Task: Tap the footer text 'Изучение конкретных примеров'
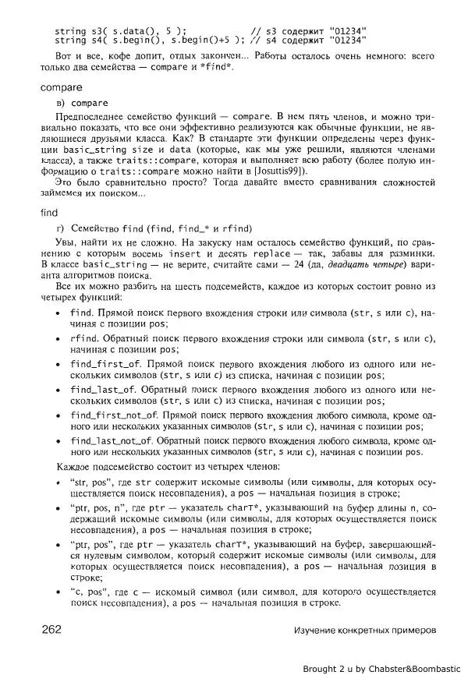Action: tap(365, 630)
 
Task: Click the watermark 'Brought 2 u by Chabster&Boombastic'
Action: tap(382, 669)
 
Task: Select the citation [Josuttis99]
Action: tap(278, 171)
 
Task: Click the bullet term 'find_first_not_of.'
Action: tap(114, 415)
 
